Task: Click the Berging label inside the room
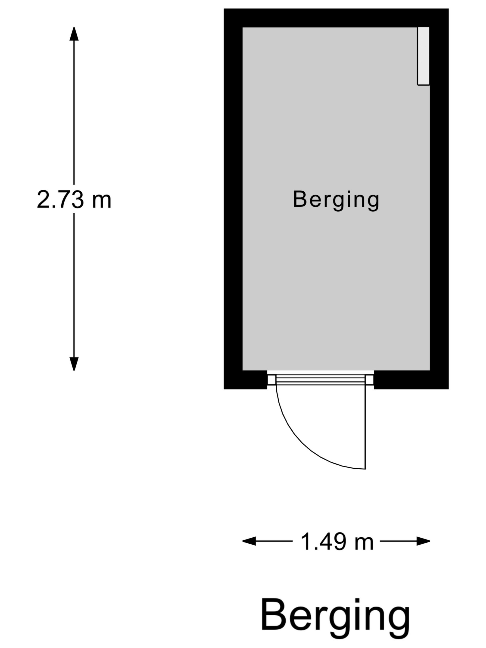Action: tap(336, 200)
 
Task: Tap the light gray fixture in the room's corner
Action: tap(423, 56)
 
